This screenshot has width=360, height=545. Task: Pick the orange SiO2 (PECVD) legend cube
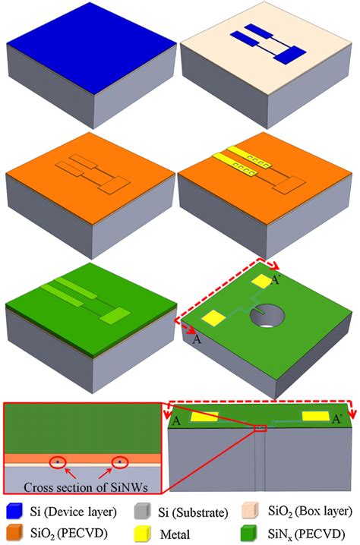tap(13, 534)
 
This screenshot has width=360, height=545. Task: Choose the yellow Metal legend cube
tap(135, 534)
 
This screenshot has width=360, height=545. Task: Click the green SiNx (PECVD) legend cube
tap(251, 534)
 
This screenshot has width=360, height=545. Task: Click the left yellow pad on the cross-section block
tap(204, 417)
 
